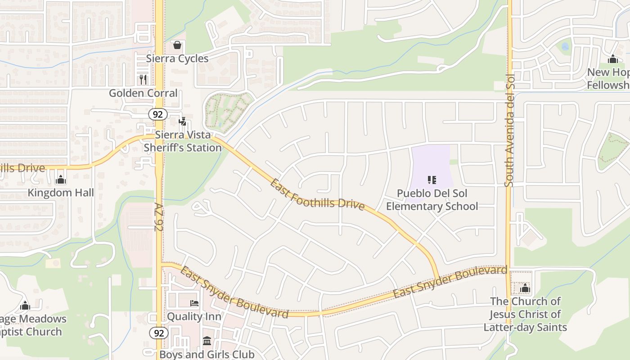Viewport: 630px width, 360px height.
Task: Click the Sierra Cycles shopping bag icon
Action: [x=177, y=45]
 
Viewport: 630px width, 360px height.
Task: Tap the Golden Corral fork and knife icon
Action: [x=143, y=80]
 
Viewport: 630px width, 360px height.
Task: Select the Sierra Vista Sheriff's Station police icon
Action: [x=182, y=121]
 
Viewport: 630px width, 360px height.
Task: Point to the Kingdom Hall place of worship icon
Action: [x=61, y=180]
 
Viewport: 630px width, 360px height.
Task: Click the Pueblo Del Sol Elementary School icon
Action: [x=432, y=180]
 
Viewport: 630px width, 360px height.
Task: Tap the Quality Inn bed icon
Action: [x=194, y=303]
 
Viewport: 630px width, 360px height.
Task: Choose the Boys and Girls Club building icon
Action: [x=207, y=341]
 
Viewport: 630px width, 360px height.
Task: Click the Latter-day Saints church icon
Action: [x=525, y=288]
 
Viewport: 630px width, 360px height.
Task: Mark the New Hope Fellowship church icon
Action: [x=612, y=59]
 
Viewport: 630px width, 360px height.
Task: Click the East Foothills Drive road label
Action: [x=317, y=194]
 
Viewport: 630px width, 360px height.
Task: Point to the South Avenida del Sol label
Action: [x=509, y=130]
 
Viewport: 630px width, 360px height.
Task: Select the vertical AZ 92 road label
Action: [x=158, y=216]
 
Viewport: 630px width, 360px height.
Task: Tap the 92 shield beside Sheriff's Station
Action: [x=158, y=114]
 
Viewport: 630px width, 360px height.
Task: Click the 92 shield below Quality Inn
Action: [x=158, y=333]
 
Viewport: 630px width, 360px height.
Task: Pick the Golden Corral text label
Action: [x=143, y=93]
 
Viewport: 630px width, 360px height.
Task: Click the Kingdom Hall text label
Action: [x=61, y=193]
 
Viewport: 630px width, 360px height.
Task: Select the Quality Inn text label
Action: [x=194, y=316]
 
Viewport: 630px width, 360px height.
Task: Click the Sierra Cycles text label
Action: [x=177, y=58]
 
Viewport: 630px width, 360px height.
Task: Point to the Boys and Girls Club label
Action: [x=207, y=354]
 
